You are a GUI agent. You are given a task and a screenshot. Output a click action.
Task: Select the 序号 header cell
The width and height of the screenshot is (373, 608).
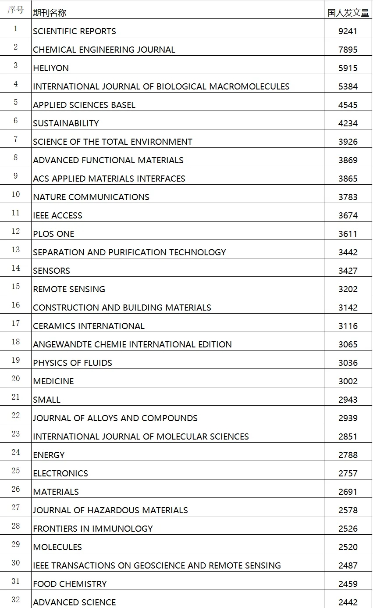pos(16,10)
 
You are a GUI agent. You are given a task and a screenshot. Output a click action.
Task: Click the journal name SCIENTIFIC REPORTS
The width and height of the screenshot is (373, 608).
pos(75,32)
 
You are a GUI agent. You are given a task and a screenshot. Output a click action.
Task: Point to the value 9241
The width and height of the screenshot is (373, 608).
pos(348,32)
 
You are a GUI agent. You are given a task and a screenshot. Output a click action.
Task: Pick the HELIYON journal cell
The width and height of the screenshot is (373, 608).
pos(51,68)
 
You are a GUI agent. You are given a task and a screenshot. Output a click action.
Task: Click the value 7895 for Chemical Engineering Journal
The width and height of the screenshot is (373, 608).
pos(348,50)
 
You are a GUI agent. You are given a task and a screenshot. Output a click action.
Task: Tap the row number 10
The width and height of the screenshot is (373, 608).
pos(16,194)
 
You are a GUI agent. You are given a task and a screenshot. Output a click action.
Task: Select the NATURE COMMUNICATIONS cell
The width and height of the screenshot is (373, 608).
pos(91,197)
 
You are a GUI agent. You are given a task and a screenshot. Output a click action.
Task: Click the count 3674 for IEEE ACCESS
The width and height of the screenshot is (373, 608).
pos(348,216)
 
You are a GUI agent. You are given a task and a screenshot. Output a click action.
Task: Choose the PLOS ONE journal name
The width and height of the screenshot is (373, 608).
pos(54,234)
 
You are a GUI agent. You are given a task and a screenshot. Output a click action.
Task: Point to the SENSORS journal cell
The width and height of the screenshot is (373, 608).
pos(52,271)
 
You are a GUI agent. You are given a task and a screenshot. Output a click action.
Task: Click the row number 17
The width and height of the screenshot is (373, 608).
pos(16,323)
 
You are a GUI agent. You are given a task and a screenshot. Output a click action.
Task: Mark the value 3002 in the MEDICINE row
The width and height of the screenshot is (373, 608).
pos(348,382)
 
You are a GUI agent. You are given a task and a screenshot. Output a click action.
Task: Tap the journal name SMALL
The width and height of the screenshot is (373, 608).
pos(47,400)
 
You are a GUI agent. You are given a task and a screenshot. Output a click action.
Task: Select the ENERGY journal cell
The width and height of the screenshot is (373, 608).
pos(49,455)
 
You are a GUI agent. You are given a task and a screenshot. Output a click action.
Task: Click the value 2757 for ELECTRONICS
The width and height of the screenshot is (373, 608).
pos(348,474)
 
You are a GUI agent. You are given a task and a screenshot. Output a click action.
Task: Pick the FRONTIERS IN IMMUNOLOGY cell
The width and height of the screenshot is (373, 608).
pos(93,529)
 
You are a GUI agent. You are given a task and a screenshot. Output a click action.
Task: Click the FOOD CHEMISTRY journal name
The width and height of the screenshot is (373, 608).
pos(70,584)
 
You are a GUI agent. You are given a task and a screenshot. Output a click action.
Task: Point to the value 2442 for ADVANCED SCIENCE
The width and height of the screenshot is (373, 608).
pos(348,603)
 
